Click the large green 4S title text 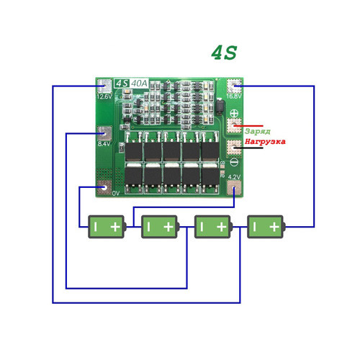click(223, 53)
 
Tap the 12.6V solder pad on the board click(104, 85)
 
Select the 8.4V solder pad click(104, 132)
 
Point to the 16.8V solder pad click(234, 85)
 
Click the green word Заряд click(257, 132)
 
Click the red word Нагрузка click(264, 142)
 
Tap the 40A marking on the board click(140, 84)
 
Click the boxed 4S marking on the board click(122, 84)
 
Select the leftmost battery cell click(106, 227)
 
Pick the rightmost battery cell click(266, 227)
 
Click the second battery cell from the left click(159, 227)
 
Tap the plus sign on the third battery click(221, 227)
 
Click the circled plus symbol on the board click(233, 112)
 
